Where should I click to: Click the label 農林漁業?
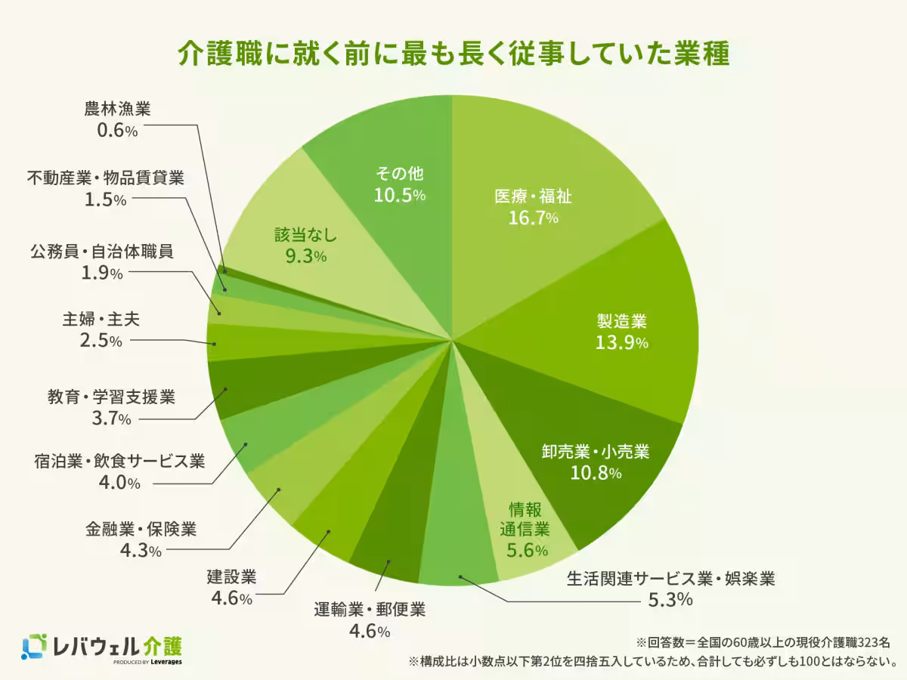pyautogui.click(x=117, y=108)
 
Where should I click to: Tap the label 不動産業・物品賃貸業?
pyautogui.click(x=106, y=178)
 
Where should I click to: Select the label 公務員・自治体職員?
pyautogui.click(x=102, y=251)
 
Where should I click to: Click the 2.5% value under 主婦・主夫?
pyautogui.click(x=101, y=342)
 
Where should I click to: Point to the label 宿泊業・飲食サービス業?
pyautogui.click(x=119, y=461)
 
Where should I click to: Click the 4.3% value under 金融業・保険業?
pyautogui.click(x=141, y=551)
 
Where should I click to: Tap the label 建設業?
pyautogui.click(x=232, y=578)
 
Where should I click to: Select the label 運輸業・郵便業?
pyautogui.click(x=370, y=609)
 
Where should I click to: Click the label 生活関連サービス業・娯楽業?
pyautogui.click(x=671, y=580)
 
